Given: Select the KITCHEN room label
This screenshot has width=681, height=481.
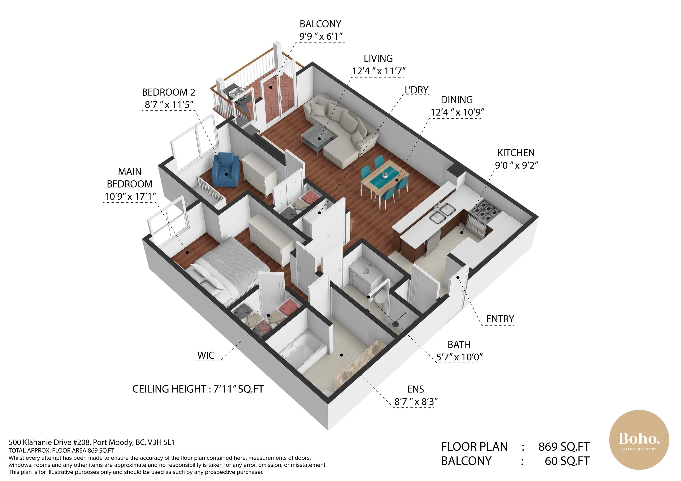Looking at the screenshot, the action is click(x=516, y=153).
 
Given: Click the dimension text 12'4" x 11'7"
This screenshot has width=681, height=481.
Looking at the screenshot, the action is click(x=378, y=71).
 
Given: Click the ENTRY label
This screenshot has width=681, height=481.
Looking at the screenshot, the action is click(x=500, y=319).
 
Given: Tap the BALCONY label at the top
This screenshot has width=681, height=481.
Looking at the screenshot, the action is click(x=320, y=24).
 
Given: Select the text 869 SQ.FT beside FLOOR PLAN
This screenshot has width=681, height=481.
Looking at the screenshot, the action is click(x=564, y=447).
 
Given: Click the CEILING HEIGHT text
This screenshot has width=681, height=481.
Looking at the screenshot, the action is click(x=198, y=389).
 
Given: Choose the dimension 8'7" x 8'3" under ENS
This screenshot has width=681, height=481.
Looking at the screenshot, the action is click(x=416, y=402).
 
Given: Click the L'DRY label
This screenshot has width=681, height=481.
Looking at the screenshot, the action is click(x=417, y=90).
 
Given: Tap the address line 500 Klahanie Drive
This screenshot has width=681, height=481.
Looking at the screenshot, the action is click(x=92, y=442).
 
